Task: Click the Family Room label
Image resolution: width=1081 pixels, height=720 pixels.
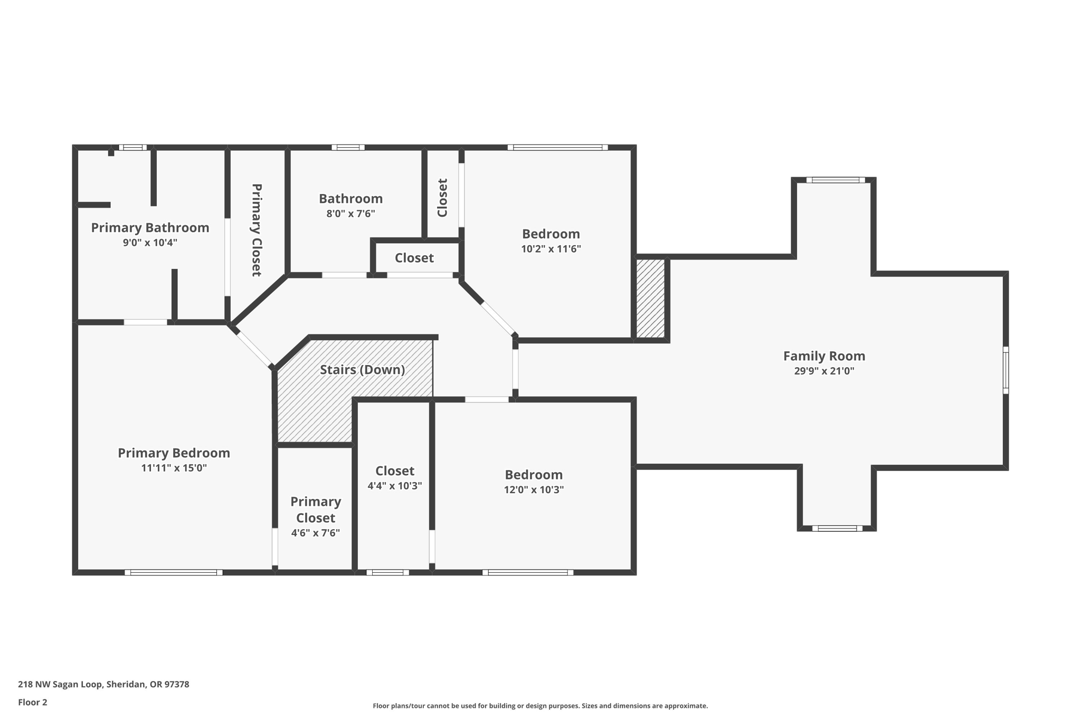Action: pyautogui.click(x=823, y=356)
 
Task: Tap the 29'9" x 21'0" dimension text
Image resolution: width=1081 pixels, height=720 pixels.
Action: pyautogui.click(x=823, y=371)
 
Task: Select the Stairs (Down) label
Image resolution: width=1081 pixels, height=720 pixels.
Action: pyautogui.click(x=362, y=370)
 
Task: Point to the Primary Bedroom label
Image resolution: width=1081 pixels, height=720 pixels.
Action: pyautogui.click(x=174, y=453)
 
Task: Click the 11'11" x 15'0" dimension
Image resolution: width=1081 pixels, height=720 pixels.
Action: pyautogui.click(x=174, y=468)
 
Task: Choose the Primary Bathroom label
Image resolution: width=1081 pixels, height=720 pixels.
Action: pyautogui.click(x=150, y=228)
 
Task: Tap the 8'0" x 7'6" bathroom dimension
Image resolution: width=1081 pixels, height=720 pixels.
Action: pyautogui.click(x=350, y=214)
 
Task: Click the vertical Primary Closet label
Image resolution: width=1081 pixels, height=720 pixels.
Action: pyautogui.click(x=257, y=230)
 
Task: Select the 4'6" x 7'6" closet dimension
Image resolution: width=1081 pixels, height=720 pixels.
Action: pyautogui.click(x=315, y=533)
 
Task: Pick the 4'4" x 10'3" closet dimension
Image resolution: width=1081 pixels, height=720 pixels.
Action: pyautogui.click(x=394, y=486)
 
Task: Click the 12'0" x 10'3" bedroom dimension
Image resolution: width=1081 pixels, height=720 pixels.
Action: pyautogui.click(x=534, y=489)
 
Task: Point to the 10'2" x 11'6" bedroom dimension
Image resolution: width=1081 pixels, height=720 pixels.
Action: pyautogui.click(x=551, y=249)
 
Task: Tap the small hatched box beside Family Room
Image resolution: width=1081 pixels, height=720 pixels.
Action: pyautogui.click(x=650, y=298)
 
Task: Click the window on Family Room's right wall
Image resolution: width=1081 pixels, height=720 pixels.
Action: pyautogui.click(x=1006, y=370)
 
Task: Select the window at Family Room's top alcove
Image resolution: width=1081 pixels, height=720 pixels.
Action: pyautogui.click(x=835, y=180)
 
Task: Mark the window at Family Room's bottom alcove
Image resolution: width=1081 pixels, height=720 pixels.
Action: pyautogui.click(x=837, y=528)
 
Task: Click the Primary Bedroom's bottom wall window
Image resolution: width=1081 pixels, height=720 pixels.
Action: pyautogui.click(x=174, y=572)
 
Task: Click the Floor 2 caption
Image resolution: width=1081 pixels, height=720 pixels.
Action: pyautogui.click(x=33, y=702)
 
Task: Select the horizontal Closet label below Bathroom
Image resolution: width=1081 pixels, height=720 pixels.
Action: pyautogui.click(x=414, y=258)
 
